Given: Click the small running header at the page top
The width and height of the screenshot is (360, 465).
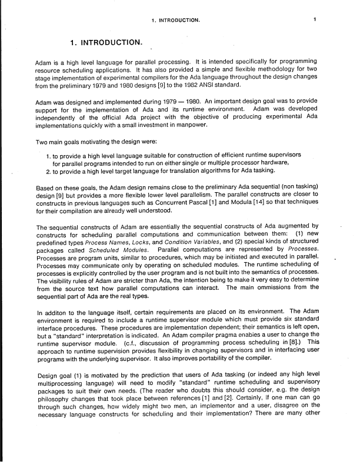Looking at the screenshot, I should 176,20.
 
